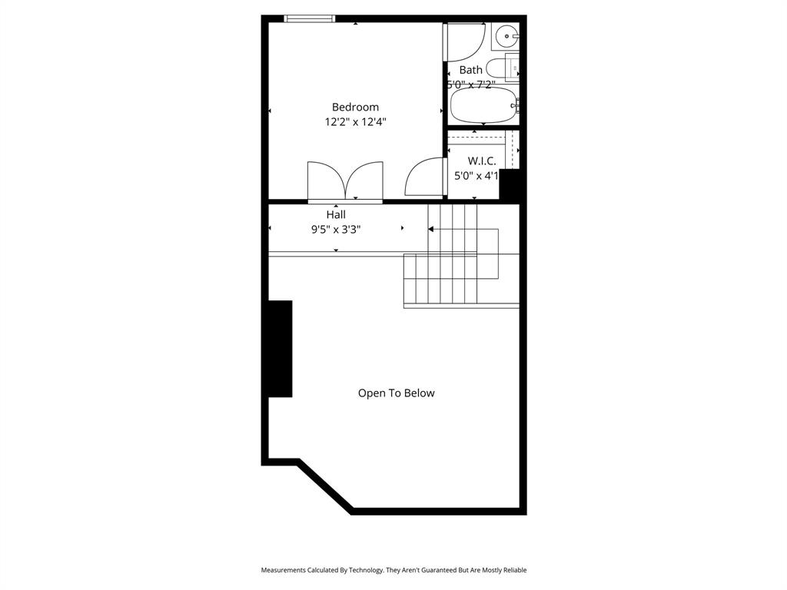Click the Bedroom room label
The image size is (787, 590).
click(x=355, y=108)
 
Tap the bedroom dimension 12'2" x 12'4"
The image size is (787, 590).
click(x=355, y=122)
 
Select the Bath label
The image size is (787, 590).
click(x=471, y=70)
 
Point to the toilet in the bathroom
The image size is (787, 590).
click(x=500, y=68)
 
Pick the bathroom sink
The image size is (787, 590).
click(x=506, y=35)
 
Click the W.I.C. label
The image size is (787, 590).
click(x=482, y=161)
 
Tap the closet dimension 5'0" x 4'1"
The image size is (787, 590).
click(x=477, y=176)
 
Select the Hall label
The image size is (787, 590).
click(x=336, y=215)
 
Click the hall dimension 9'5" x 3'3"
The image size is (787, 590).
click(x=336, y=229)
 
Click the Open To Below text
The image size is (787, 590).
click(x=397, y=393)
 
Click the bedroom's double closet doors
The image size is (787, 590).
click(x=345, y=181)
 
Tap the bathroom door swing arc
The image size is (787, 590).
click(x=466, y=42)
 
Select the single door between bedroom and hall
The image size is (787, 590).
click(x=425, y=177)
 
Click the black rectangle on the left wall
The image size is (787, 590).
click(x=280, y=349)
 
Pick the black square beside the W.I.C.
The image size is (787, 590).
click(x=511, y=184)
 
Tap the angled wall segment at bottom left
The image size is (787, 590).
click(x=325, y=486)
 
